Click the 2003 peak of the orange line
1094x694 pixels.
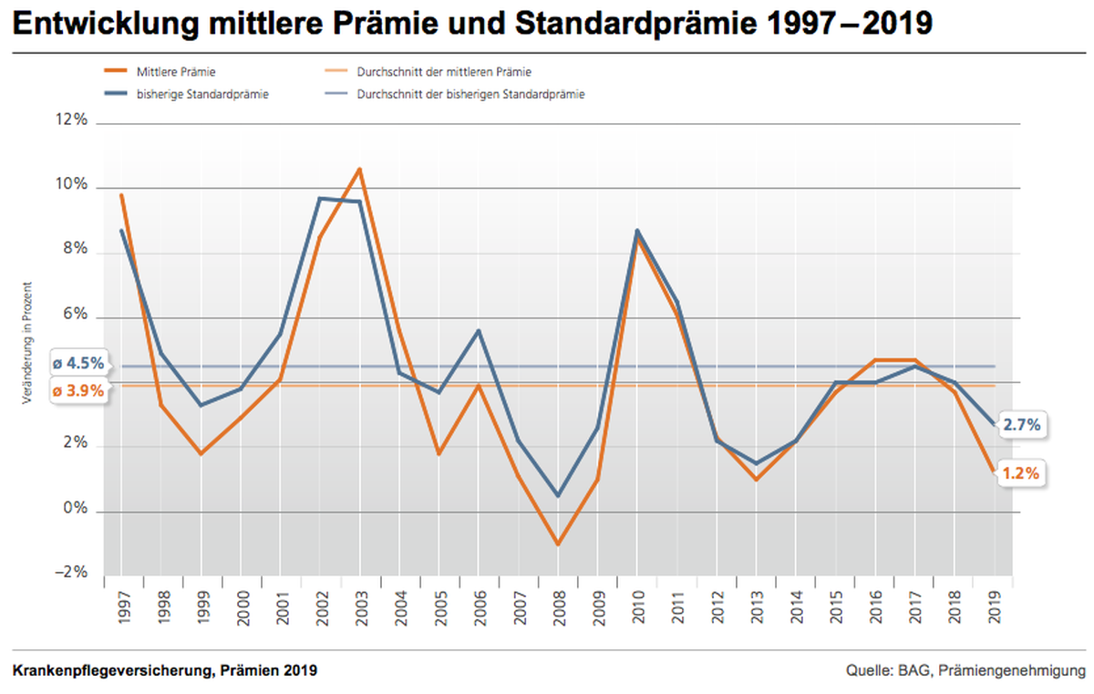coord(359,170)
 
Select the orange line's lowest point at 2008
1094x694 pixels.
coord(558,544)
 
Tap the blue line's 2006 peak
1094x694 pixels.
coord(479,331)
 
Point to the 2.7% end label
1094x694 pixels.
coord(1022,425)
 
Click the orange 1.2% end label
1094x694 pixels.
coord(1021,473)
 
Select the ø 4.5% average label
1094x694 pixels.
coord(78,363)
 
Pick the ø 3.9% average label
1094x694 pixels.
coord(78,390)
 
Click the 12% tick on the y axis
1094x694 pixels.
coord(71,119)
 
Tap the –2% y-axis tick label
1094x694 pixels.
coord(71,572)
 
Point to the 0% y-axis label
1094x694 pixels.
coord(75,508)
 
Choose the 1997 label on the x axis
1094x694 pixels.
coord(125,607)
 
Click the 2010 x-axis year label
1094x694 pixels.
coord(638,607)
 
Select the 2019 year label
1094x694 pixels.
coord(995,607)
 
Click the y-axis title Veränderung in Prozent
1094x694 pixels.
coord(26,343)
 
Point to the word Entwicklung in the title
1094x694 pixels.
coord(106,24)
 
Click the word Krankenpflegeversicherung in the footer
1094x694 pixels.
coord(113,670)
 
